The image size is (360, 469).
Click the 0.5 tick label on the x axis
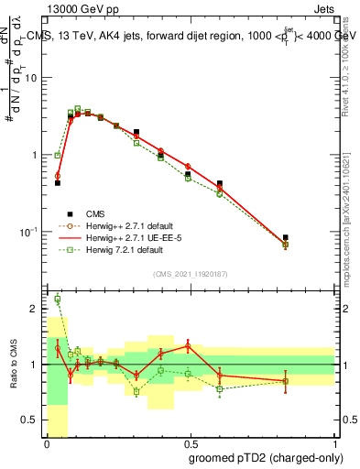[x=191, y=444]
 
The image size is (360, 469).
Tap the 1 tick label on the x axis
[x=335, y=444]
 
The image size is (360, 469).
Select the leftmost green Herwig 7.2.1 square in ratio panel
[x=57, y=299]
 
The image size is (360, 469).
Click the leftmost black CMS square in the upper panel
[x=57, y=183]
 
